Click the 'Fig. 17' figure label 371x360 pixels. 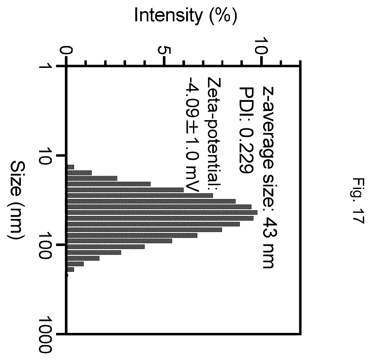click(x=357, y=200)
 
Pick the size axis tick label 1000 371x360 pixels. click(x=45, y=334)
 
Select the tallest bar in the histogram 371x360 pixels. click(x=162, y=212)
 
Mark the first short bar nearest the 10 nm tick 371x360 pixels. click(x=70, y=167)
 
